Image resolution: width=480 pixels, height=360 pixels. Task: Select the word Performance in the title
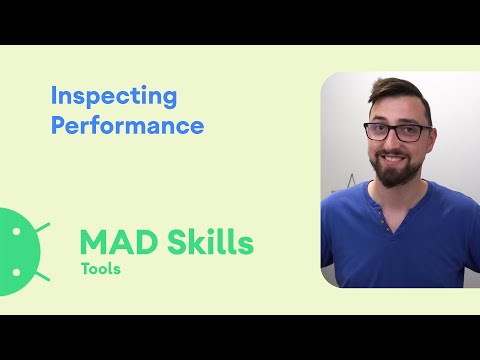127,127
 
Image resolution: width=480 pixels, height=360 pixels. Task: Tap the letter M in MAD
94,243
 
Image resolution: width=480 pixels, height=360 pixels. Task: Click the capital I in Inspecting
54,98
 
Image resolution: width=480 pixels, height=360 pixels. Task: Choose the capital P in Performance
58,126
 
